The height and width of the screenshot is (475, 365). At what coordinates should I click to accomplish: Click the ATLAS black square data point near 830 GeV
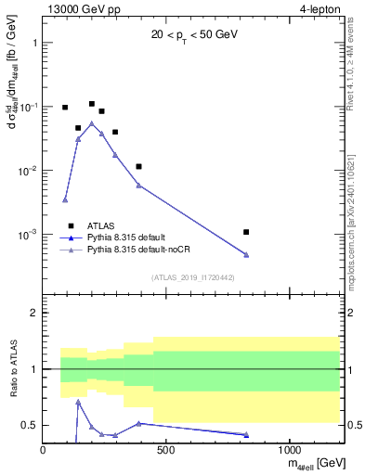(x=246, y=232)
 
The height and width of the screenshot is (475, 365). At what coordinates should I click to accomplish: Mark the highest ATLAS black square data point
(x=92, y=104)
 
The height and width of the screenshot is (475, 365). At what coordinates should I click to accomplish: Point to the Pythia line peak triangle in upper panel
(x=92, y=122)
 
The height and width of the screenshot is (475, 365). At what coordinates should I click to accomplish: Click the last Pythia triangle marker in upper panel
(x=246, y=254)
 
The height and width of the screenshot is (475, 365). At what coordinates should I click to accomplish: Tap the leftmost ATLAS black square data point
(x=65, y=108)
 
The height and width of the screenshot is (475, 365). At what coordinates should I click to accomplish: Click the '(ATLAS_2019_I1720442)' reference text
(x=196, y=276)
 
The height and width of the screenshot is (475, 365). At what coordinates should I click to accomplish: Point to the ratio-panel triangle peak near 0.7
(x=78, y=401)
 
